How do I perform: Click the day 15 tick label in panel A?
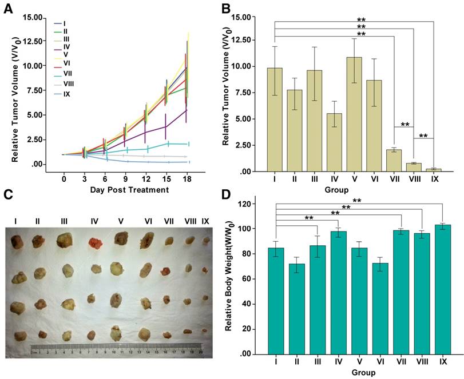click(167, 179)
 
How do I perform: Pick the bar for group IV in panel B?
click(317, 142)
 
